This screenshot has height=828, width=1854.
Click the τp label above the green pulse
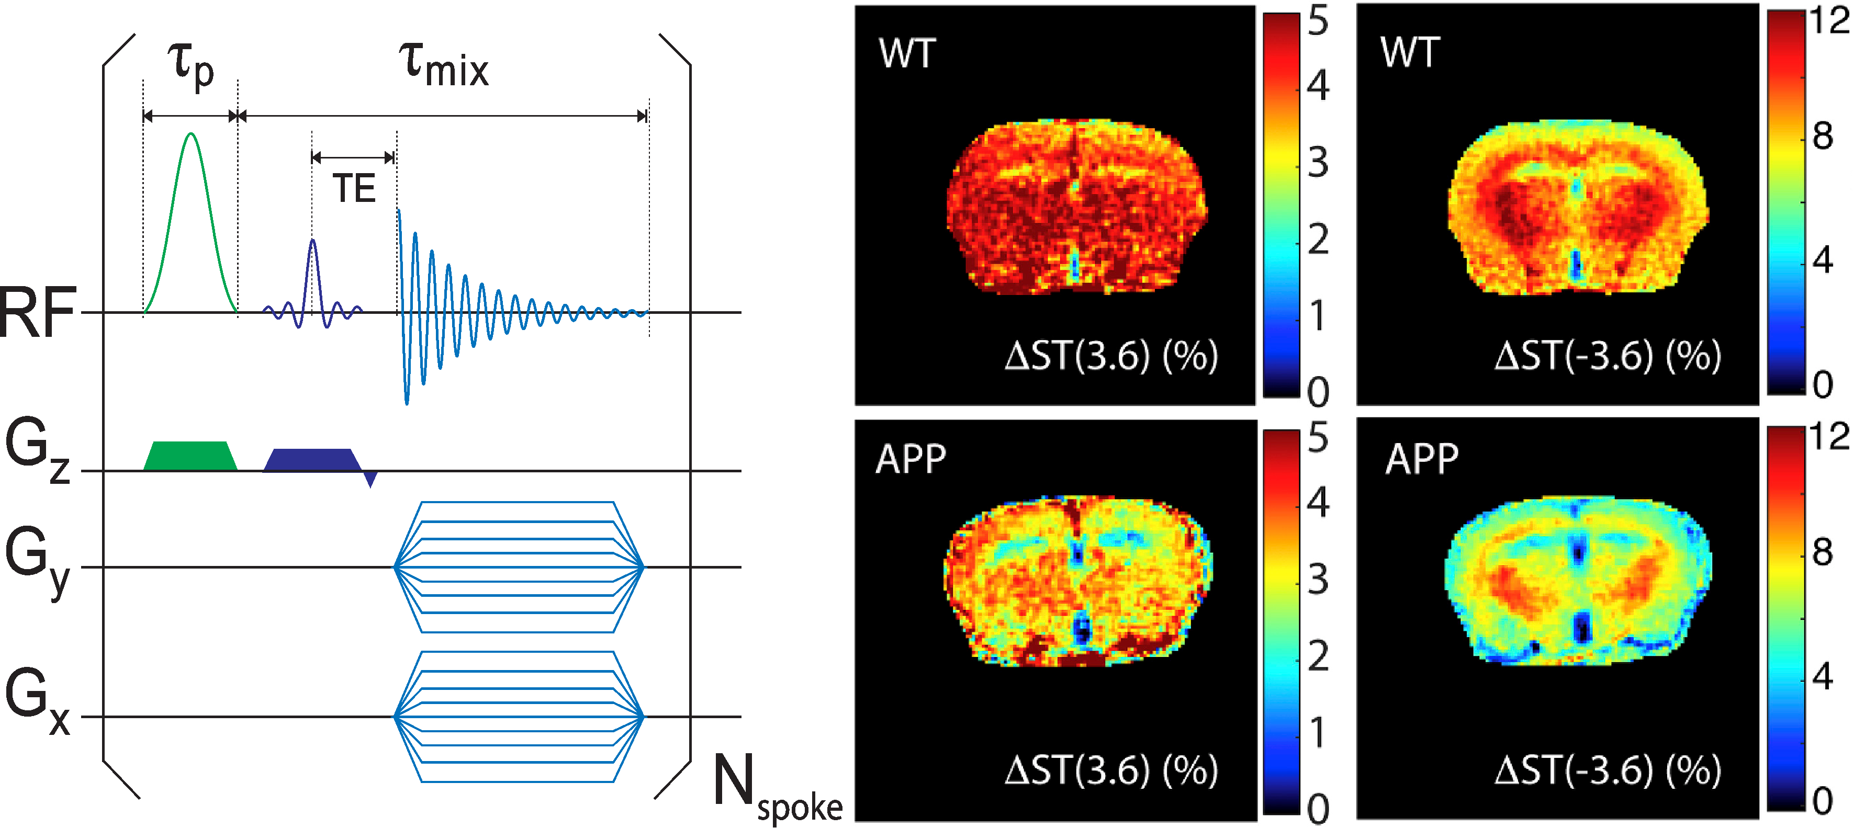[190, 66]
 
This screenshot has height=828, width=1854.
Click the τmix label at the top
[443, 66]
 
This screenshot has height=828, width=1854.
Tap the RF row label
[38, 313]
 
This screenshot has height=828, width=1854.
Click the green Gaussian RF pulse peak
[190, 134]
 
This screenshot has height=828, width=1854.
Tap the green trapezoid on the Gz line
[190, 456]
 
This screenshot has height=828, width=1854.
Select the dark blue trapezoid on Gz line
[312, 460]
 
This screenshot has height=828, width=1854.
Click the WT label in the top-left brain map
[907, 53]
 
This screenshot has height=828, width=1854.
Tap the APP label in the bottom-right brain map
[1421, 459]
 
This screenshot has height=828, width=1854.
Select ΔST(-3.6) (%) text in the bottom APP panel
[1607, 770]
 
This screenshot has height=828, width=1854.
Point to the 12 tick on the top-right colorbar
[1827, 21]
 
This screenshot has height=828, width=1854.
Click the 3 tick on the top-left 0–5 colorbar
[1318, 163]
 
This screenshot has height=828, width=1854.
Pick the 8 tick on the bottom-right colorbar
[1822, 552]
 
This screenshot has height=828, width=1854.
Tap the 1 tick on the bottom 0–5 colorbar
[1318, 733]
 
